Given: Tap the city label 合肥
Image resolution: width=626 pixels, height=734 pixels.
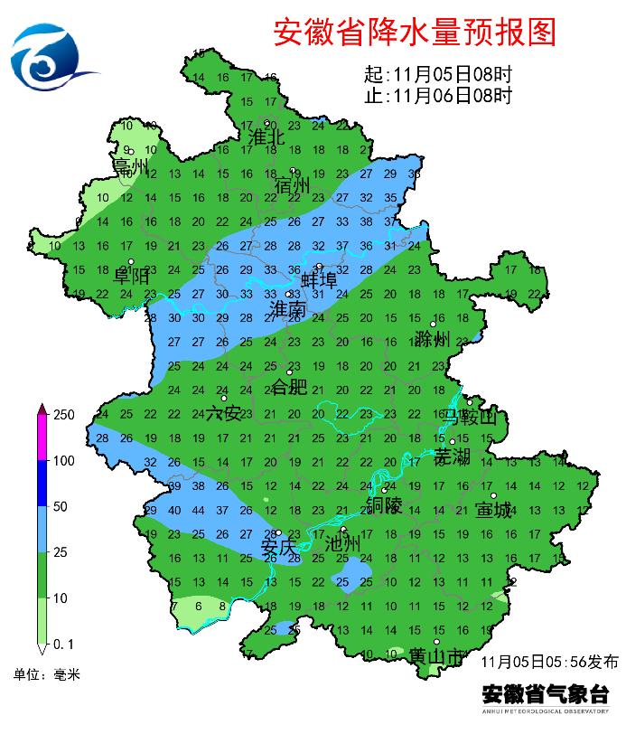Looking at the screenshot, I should click(x=290, y=388).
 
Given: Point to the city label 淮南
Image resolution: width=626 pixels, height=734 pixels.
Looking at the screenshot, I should click(x=289, y=310).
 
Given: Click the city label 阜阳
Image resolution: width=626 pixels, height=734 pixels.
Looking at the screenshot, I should click(x=131, y=277).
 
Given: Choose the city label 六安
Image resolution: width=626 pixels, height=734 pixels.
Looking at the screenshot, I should click(x=224, y=414).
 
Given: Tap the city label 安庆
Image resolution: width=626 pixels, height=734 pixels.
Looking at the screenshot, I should click(x=278, y=549).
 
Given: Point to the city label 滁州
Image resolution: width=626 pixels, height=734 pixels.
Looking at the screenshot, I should click(x=433, y=340).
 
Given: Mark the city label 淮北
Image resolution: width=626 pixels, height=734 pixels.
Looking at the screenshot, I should click(x=266, y=137).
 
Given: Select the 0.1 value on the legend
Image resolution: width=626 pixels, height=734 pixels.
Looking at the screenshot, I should click(x=64, y=644).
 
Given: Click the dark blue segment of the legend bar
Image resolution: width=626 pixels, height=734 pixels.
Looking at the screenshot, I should click(x=42, y=484).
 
